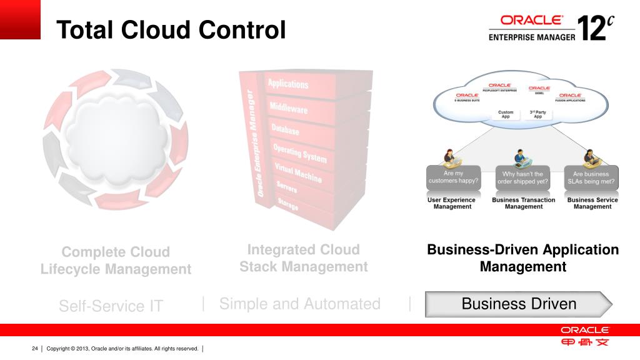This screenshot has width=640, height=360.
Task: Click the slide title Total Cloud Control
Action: pos(171,29)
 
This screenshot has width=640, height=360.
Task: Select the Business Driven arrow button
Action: pos(518,304)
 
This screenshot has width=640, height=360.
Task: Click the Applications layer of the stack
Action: pos(288,84)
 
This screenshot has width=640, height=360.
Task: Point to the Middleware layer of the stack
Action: pos(288,108)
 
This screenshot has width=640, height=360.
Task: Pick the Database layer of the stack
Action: pos(285,129)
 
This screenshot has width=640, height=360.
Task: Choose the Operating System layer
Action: pos(299,153)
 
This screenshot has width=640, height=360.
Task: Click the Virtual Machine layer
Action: pos(298,172)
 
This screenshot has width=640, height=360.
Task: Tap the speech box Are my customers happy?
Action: pos(453,177)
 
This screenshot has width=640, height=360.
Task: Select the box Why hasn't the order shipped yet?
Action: pos(522,177)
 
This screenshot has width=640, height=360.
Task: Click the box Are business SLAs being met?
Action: pos(591,177)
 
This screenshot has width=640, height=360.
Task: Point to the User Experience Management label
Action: pos(451,203)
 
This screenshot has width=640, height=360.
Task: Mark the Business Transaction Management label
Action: pos(523,203)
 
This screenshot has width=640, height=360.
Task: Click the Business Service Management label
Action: pos(592,203)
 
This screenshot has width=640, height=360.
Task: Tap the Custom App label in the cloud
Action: pos(506,114)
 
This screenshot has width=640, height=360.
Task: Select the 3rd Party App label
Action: pos(537,114)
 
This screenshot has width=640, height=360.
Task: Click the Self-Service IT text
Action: pos(111,306)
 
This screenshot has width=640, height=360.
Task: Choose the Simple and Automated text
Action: pos(299,304)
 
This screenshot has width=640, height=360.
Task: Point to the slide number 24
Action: pos(35,348)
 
